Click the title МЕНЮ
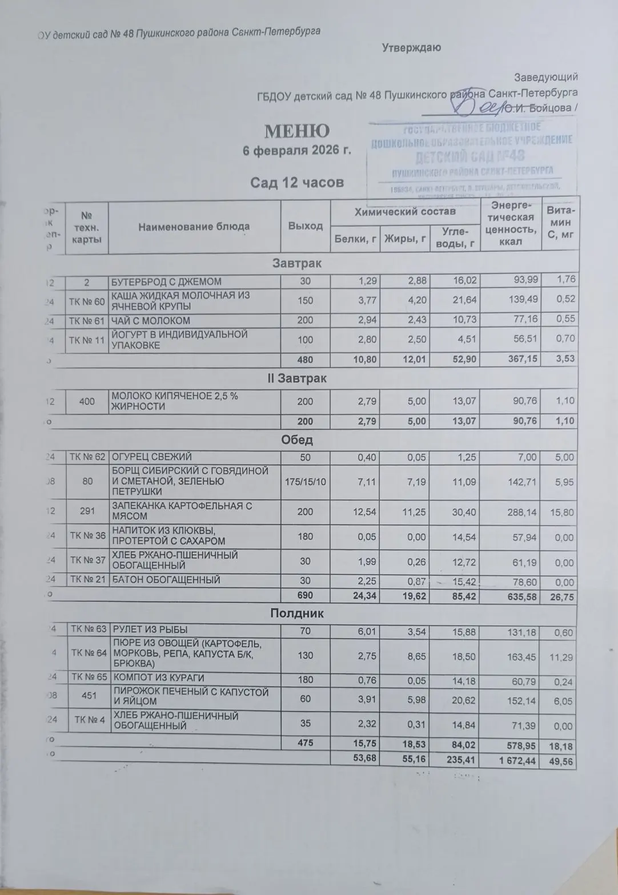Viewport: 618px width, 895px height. pos(296,131)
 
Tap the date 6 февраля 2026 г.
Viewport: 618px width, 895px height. pos(296,151)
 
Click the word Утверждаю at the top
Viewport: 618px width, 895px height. pos(411,48)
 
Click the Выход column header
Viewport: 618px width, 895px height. pos(305,226)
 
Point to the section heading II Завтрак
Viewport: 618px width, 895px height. pos(296,378)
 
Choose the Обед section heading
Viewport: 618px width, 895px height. pos(296,441)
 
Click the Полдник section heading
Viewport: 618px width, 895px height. pos(296,614)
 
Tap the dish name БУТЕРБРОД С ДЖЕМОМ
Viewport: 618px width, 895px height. pos(166,281)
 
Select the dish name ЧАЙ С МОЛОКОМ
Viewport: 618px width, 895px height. pos(151,320)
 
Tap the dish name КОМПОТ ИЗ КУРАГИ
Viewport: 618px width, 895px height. pos(158,678)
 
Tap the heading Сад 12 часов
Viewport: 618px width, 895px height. pos(297,182)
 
